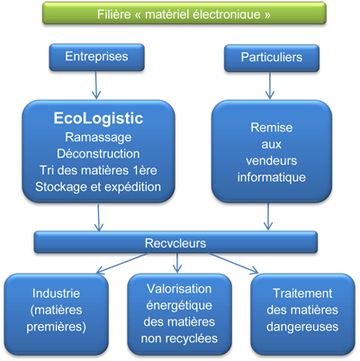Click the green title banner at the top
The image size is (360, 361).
click(184, 14)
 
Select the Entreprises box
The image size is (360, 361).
click(96, 57)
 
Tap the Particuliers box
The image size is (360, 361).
click(272, 58)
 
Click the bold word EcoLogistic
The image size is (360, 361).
click(98, 118)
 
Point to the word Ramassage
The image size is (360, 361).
click(98, 138)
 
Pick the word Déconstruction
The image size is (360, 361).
click(98, 154)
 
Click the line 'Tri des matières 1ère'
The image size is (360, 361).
click(98, 170)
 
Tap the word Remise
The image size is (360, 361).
click(272, 128)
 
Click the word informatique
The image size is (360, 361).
click(272, 177)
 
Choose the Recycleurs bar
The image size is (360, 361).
click(175, 242)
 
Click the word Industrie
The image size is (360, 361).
click(57, 293)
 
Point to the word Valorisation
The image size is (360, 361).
click(179, 289)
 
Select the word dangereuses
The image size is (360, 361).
click(302, 327)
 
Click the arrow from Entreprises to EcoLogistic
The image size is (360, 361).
click(96, 85)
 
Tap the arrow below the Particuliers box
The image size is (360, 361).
click(270, 86)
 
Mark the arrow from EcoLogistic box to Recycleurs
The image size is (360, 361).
click(98, 218)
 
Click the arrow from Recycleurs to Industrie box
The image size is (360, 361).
click(123, 263)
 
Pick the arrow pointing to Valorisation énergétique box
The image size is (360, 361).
click(177, 263)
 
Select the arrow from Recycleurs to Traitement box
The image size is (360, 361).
click(233, 263)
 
